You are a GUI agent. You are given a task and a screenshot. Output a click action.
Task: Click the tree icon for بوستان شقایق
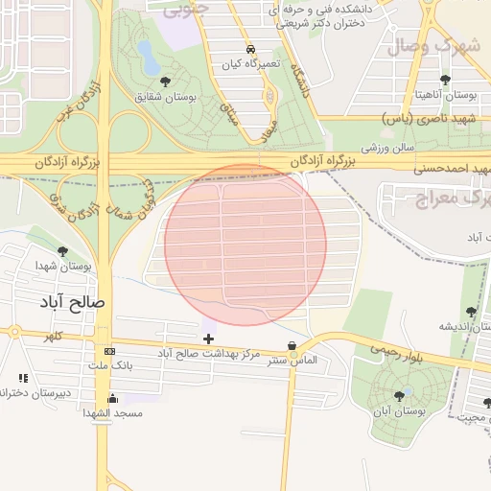tap(167, 82)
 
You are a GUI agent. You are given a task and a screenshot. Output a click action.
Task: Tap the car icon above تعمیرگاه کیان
tap(250, 48)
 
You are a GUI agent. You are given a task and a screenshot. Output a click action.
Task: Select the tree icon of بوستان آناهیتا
tap(444, 81)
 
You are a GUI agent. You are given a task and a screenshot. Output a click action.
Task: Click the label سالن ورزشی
tap(386, 149)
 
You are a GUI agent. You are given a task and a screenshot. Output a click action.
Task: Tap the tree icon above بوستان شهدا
tap(63, 251)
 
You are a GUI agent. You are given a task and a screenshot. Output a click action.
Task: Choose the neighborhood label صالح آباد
tap(76, 301)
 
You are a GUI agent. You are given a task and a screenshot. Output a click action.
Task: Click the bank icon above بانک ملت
tap(108, 350)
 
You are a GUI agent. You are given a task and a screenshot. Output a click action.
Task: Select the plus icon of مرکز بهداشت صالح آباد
tap(208, 339)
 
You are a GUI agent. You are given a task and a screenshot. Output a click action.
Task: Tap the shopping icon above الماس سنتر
tap(292, 346)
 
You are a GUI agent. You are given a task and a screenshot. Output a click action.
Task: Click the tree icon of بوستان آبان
tap(399, 395)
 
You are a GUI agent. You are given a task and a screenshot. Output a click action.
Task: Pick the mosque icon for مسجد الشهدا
tap(113, 399)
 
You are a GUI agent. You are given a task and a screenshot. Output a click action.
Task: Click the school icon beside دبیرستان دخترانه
tap(22, 380)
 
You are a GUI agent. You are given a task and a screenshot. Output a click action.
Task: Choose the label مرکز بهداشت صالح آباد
tap(209, 354)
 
